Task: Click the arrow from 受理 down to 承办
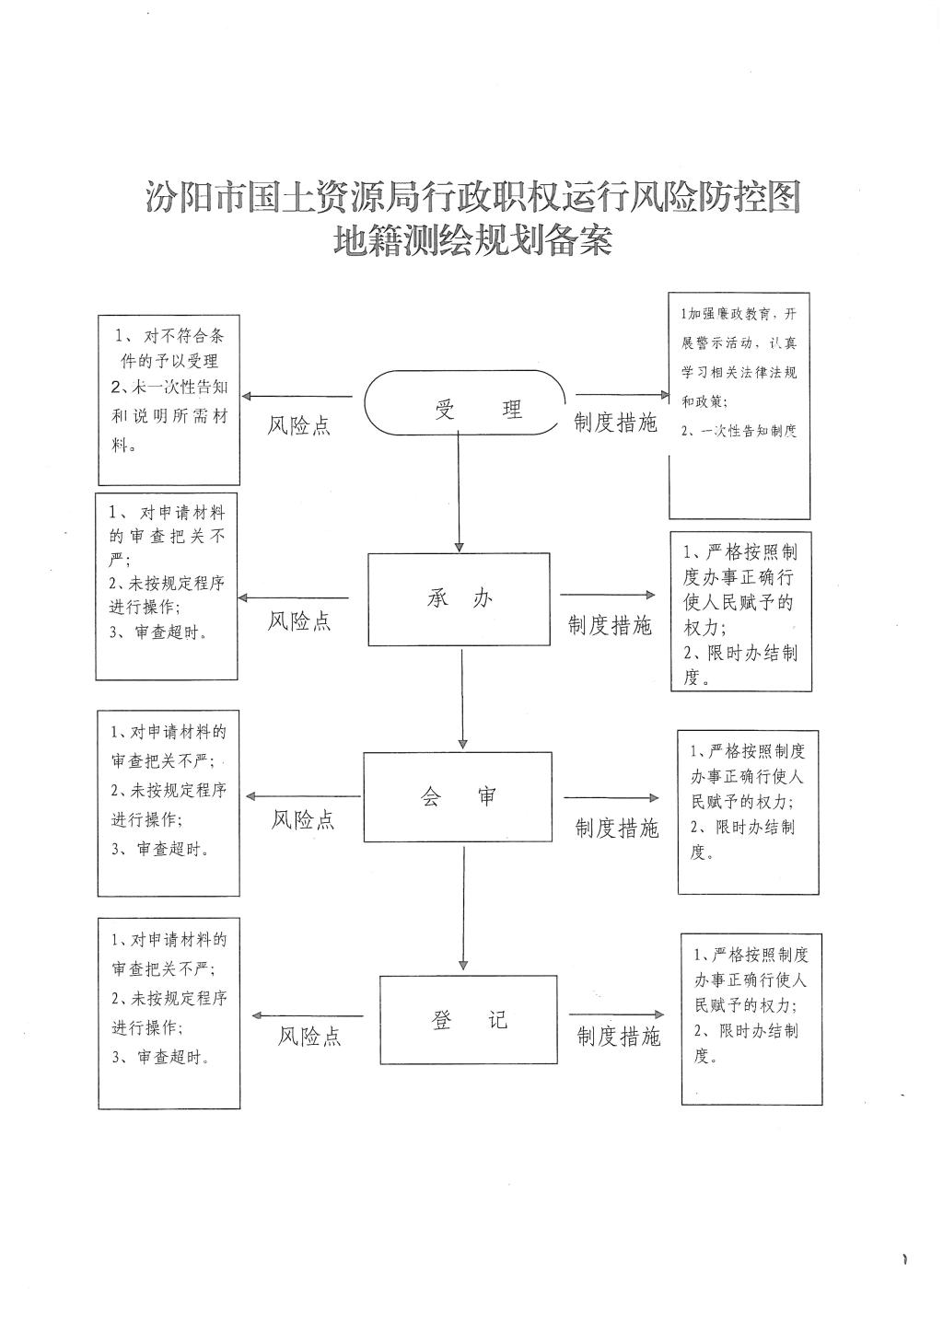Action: tap(459, 492)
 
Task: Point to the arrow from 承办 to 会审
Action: tap(462, 699)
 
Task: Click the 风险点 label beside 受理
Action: tap(298, 425)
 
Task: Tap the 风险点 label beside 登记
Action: tap(309, 1037)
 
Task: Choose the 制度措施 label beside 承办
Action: tap(610, 625)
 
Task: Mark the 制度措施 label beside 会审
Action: tap(617, 828)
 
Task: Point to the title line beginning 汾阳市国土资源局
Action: tap(472, 197)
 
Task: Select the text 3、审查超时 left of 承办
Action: tap(158, 632)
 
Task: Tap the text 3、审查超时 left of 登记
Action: tap(160, 1057)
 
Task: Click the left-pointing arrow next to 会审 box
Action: tap(303, 796)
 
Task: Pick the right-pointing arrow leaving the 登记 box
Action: tap(616, 1014)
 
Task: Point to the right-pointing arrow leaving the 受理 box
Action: tap(623, 394)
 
